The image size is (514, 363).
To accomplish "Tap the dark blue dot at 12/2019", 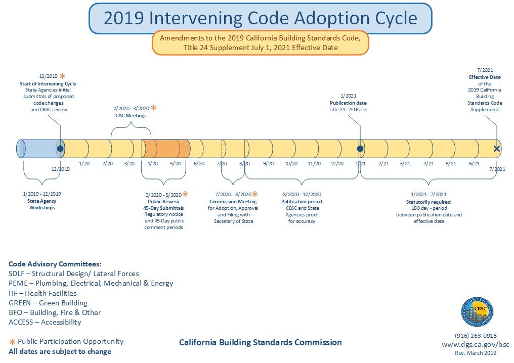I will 60,149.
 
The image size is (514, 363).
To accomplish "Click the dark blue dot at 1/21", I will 360,149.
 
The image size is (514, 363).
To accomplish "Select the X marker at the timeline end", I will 497,149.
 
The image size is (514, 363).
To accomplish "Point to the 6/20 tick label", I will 199,164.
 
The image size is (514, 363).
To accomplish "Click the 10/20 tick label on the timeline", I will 291,164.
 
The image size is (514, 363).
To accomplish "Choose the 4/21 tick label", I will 429,164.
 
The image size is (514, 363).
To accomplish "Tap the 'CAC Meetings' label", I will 131,116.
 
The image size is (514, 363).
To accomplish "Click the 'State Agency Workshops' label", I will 41,204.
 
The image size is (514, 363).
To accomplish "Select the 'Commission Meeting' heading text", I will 233,201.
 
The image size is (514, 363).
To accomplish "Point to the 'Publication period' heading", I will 302,201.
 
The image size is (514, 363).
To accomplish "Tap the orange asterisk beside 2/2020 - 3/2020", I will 154,108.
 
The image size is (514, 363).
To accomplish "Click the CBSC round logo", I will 477,312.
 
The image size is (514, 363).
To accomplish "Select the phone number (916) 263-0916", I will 476,335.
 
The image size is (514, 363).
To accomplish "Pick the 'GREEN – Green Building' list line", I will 48,303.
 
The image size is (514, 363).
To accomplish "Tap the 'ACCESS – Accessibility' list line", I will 45,322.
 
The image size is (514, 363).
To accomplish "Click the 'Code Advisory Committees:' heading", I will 55,264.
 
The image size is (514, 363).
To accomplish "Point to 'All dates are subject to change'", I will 60,351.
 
